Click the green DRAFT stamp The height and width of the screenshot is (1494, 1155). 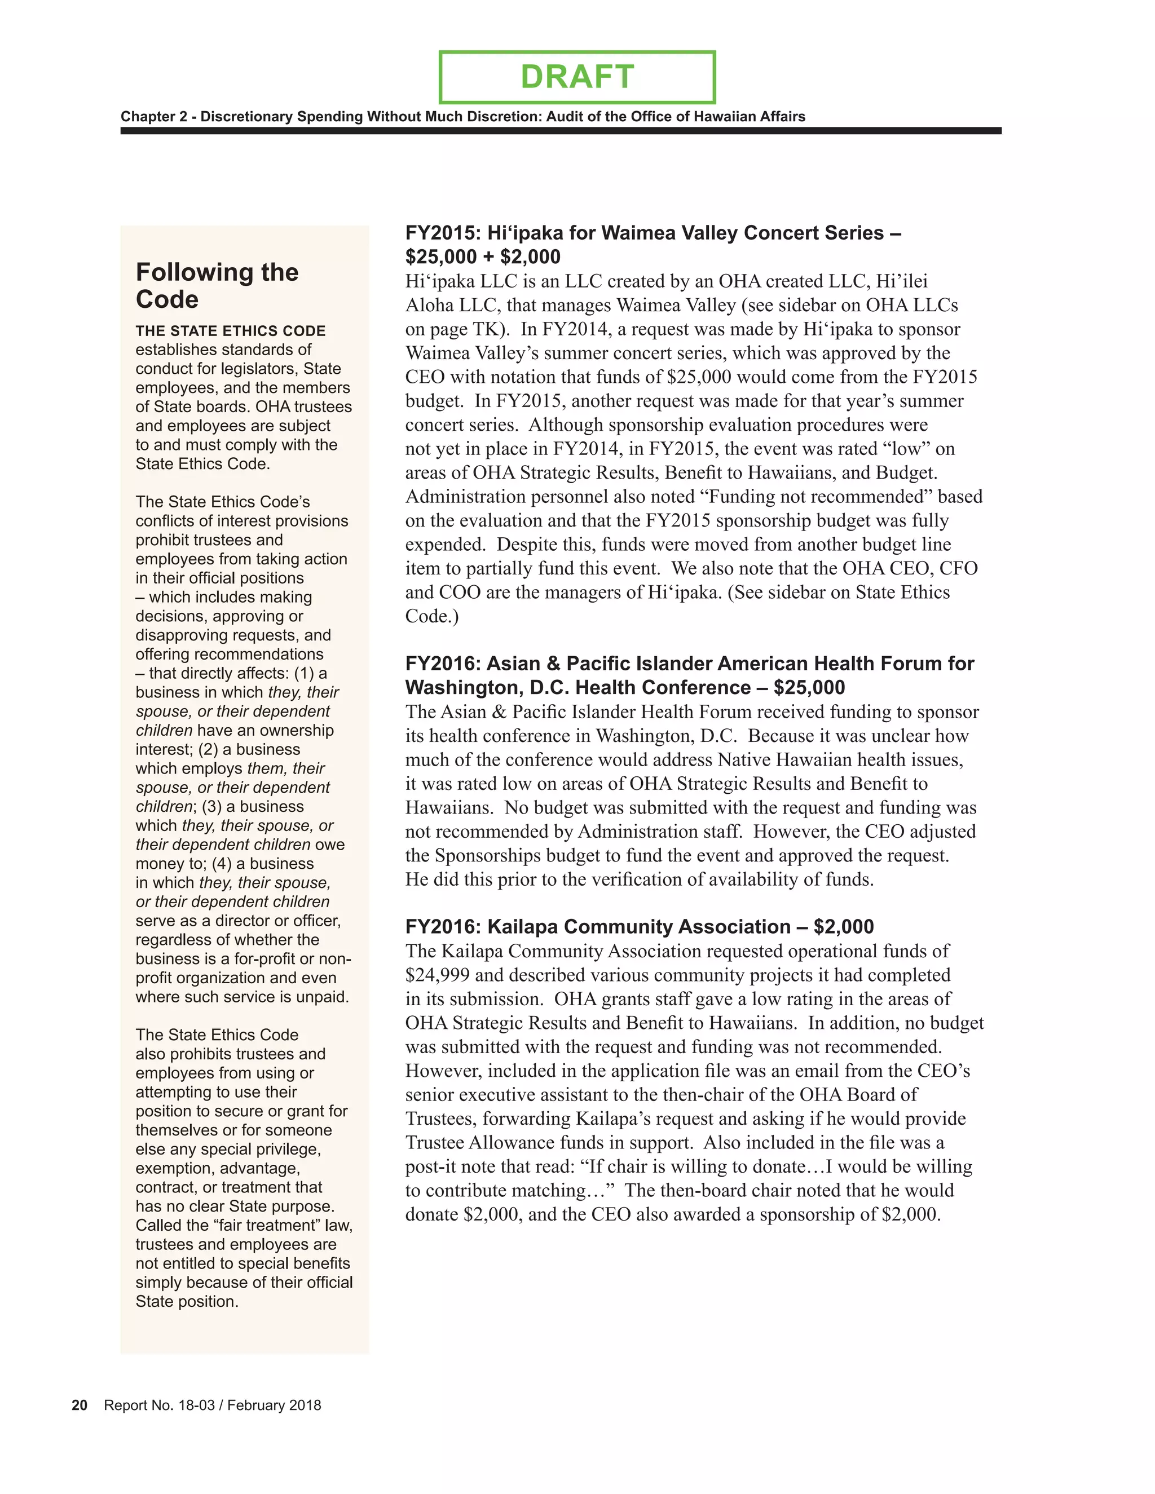pyautogui.click(x=577, y=77)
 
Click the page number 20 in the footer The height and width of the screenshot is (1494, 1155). pyautogui.click(x=80, y=1405)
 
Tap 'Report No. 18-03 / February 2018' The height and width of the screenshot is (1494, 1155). pyautogui.click(x=212, y=1405)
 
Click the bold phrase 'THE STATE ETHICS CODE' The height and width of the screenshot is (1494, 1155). pyautogui.click(x=230, y=331)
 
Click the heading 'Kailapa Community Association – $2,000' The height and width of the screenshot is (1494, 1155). pyautogui.click(x=639, y=927)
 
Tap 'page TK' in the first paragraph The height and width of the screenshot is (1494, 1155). pyautogui.click(x=468, y=329)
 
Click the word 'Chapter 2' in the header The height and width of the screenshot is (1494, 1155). pyautogui.click(x=154, y=116)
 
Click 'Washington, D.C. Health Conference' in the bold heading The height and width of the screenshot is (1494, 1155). pyautogui.click(x=577, y=687)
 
